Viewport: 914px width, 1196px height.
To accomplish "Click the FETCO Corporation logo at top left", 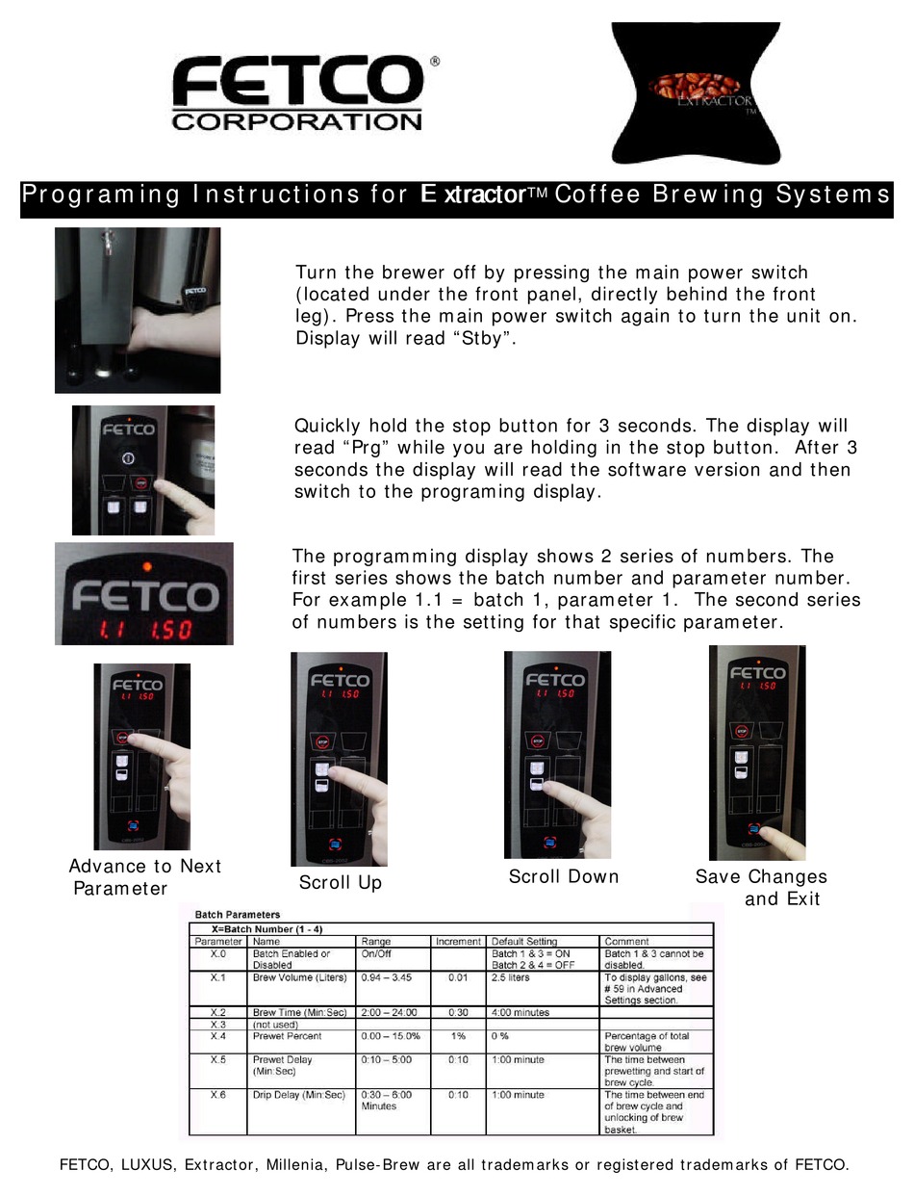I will (x=298, y=93).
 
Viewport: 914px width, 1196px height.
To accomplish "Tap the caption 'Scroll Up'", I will (x=340, y=883).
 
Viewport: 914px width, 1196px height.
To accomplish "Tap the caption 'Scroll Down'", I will (x=563, y=876).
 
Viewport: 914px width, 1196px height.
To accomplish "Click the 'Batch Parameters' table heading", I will (x=238, y=914).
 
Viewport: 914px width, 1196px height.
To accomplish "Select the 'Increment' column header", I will (x=458, y=941).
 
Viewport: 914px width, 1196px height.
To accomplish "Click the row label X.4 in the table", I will (x=218, y=1036).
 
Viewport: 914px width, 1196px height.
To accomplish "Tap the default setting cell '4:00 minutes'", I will (x=520, y=1012).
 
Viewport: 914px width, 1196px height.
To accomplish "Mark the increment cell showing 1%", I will (x=458, y=1036).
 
